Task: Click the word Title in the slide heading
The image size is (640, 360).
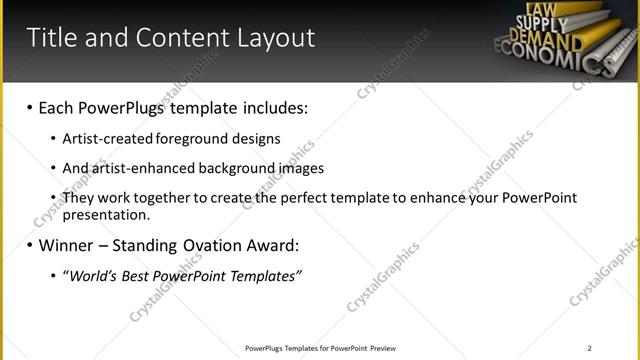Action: coord(49,38)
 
